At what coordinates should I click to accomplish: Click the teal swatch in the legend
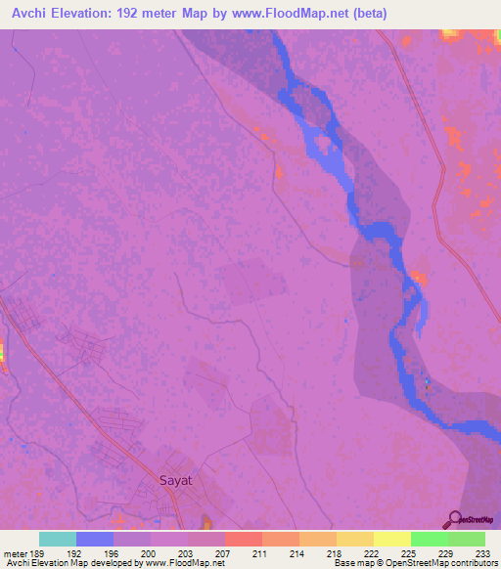[x=58, y=539]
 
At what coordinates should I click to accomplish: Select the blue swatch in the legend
[x=95, y=539]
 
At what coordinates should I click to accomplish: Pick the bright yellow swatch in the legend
[x=392, y=539]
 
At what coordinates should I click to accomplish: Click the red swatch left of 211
[x=244, y=539]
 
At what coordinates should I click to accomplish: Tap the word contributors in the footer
[x=474, y=563]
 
